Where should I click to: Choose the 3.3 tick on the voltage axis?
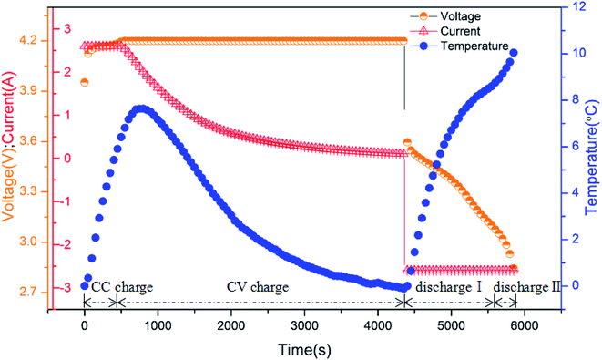tap(25, 192)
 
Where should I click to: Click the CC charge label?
tap(122, 287)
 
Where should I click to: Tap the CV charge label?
tap(258, 287)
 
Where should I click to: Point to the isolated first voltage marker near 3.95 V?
tap(85, 82)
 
